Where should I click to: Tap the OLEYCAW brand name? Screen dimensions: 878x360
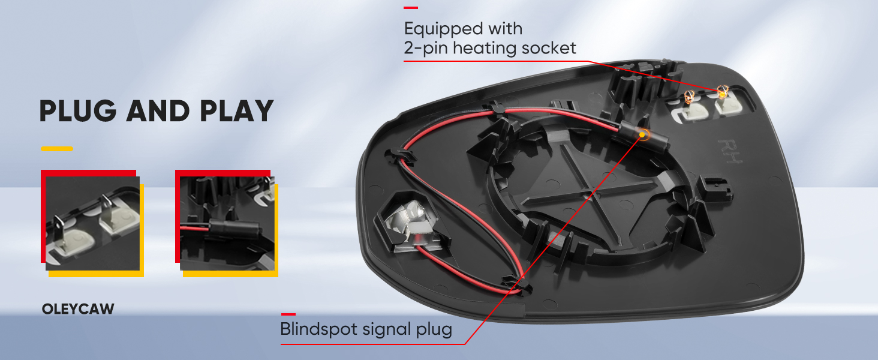pyautogui.click(x=78, y=310)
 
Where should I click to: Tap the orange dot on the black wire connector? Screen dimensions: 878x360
pyautogui.click(x=644, y=134)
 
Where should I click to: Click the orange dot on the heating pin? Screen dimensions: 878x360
pyautogui.click(x=723, y=92)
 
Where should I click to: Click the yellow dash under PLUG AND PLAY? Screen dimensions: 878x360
pyautogui.click(x=56, y=148)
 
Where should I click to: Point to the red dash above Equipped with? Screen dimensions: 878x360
pyautogui.click(x=411, y=8)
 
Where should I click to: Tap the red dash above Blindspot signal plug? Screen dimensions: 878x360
pyautogui.click(x=288, y=314)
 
